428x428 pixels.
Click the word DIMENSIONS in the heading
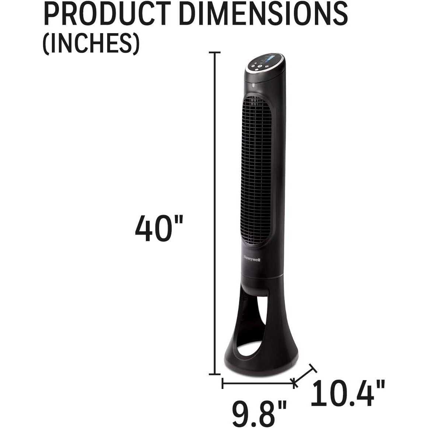(x=264, y=14)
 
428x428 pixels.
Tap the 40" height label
(x=159, y=228)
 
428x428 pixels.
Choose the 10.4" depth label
(x=348, y=393)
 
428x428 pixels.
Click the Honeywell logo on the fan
(x=252, y=259)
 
